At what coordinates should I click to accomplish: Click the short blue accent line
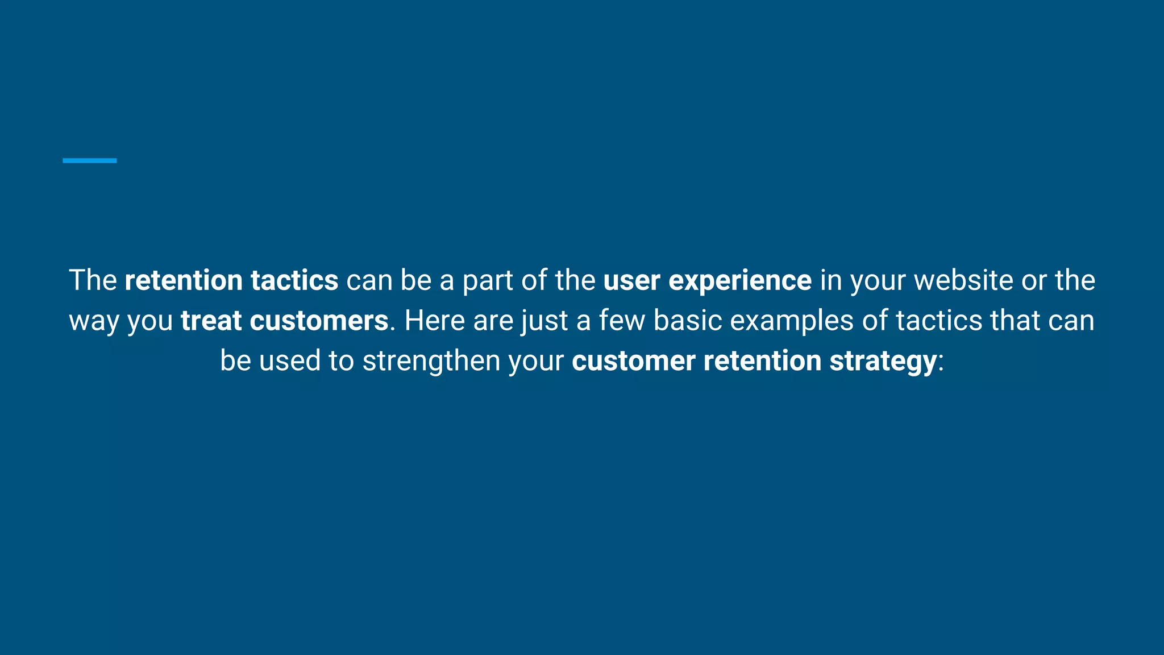tap(90, 161)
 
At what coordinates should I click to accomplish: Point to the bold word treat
tap(211, 321)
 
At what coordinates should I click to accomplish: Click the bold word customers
tap(319, 321)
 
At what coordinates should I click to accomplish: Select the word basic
tap(688, 321)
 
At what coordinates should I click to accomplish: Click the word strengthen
tap(431, 361)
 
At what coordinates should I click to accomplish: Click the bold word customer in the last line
tap(633, 361)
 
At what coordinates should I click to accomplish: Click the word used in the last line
tap(290, 361)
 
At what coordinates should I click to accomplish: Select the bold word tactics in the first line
tap(294, 281)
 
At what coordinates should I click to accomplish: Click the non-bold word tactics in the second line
tap(939, 321)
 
